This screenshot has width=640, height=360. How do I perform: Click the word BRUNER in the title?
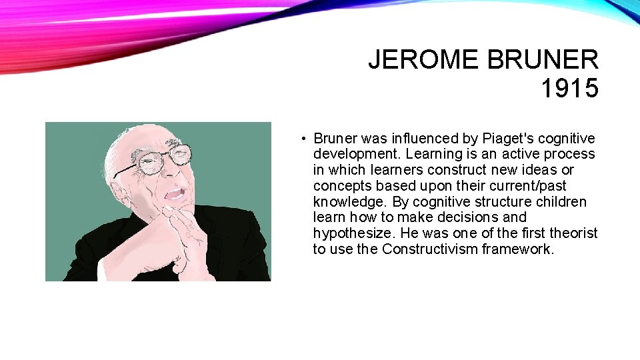(543, 61)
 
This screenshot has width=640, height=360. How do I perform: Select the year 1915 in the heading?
(569, 89)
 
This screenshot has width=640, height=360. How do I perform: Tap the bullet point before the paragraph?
(303, 139)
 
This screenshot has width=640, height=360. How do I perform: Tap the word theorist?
(574, 233)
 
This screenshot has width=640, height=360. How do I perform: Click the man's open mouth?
(175, 193)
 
